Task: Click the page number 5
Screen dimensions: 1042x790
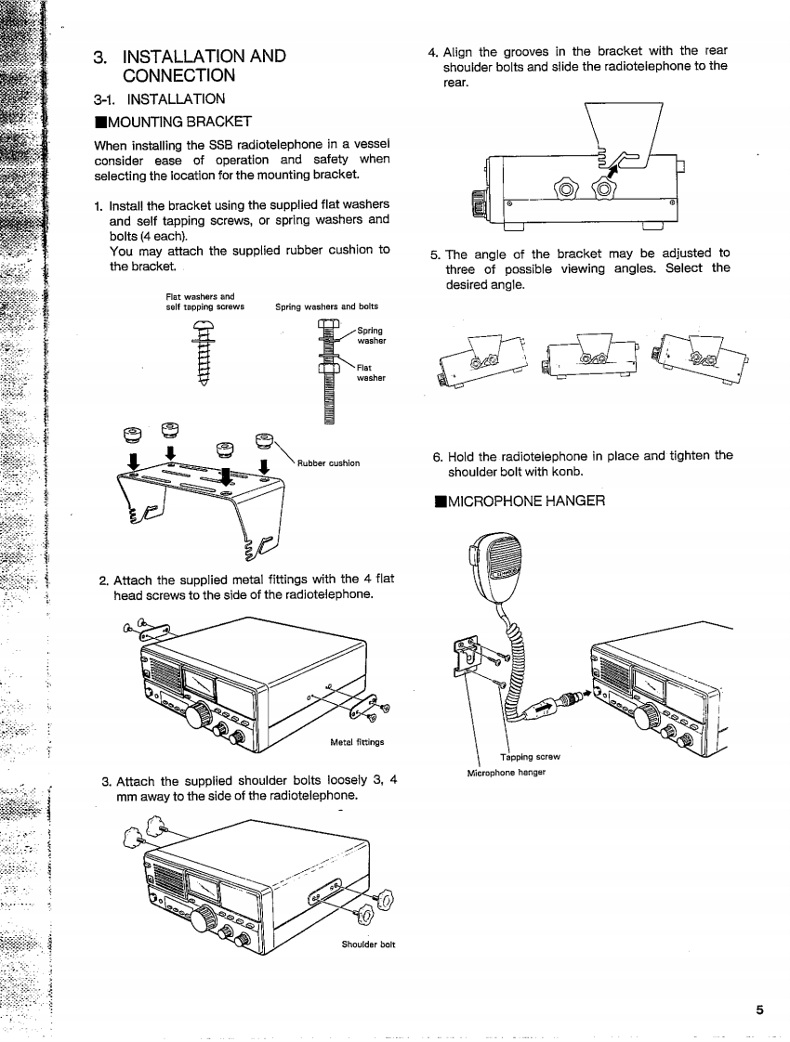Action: click(x=759, y=1010)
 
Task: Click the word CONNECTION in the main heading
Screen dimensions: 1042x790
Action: click(x=178, y=74)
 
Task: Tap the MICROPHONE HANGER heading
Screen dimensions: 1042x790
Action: click(x=520, y=501)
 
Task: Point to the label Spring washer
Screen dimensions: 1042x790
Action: click(x=371, y=334)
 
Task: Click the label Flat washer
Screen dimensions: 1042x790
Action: click(x=369, y=372)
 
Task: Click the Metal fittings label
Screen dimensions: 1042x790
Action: click(x=358, y=741)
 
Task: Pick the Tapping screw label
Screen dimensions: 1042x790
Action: click(x=529, y=754)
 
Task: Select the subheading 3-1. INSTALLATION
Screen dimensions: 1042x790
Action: click(x=159, y=98)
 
